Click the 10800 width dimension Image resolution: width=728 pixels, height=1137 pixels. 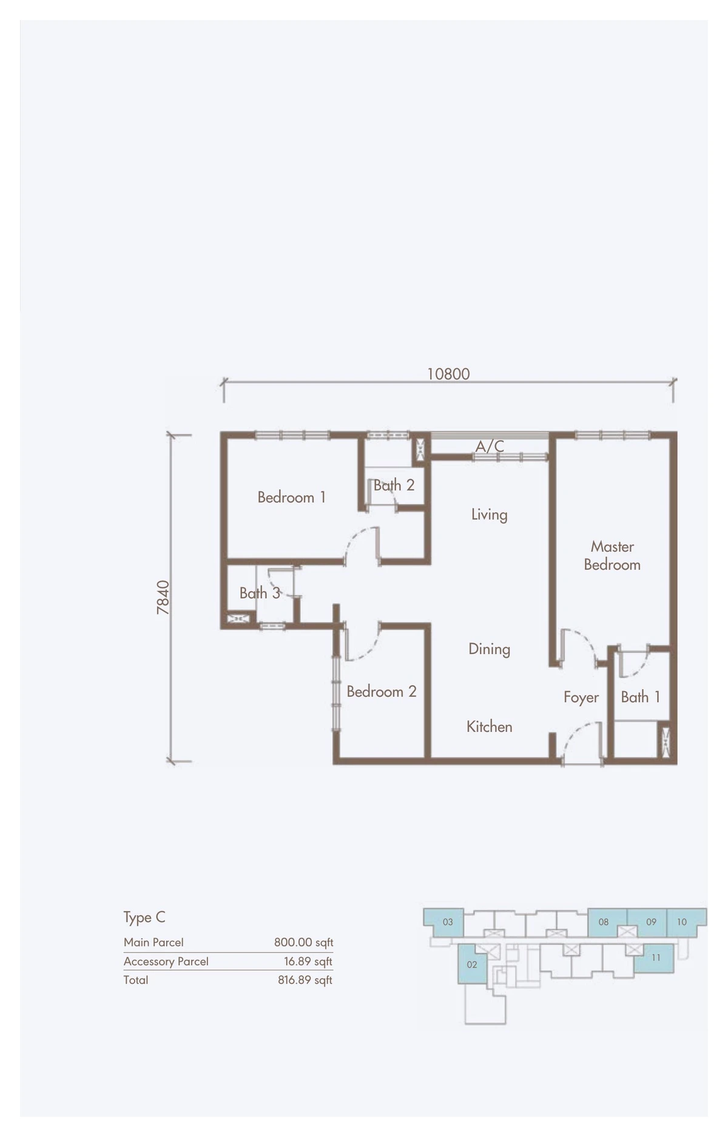pos(448,374)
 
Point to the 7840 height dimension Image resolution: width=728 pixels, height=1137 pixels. pos(164,598)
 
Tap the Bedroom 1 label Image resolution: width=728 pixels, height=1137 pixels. pos(292,498)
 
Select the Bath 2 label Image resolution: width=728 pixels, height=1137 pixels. pos(394,485)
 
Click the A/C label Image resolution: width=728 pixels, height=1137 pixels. pos(490,447)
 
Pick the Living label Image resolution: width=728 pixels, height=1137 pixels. pos(490,515)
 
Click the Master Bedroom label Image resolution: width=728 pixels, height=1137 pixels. pos(612,556)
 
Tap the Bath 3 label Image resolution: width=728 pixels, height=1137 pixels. pos(260,593)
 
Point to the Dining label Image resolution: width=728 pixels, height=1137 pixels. pos(490,650)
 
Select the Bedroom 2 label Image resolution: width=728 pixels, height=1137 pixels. pos(382,692)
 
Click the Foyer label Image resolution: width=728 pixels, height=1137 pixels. pos(581,698)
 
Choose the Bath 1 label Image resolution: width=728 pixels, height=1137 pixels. pos(640,697)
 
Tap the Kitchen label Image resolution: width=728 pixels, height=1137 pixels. pos(490,727)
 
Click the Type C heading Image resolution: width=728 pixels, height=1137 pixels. pos(144,918)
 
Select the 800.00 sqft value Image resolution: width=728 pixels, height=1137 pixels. pos(303,943)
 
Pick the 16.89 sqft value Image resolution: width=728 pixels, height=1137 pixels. pos(308,962)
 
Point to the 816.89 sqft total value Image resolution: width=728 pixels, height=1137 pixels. pos(305,980)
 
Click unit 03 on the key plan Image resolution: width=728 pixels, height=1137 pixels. pos(448,922)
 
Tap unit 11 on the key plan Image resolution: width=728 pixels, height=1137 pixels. pos(656,958)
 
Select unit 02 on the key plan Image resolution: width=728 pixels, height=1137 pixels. pos(472,965)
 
